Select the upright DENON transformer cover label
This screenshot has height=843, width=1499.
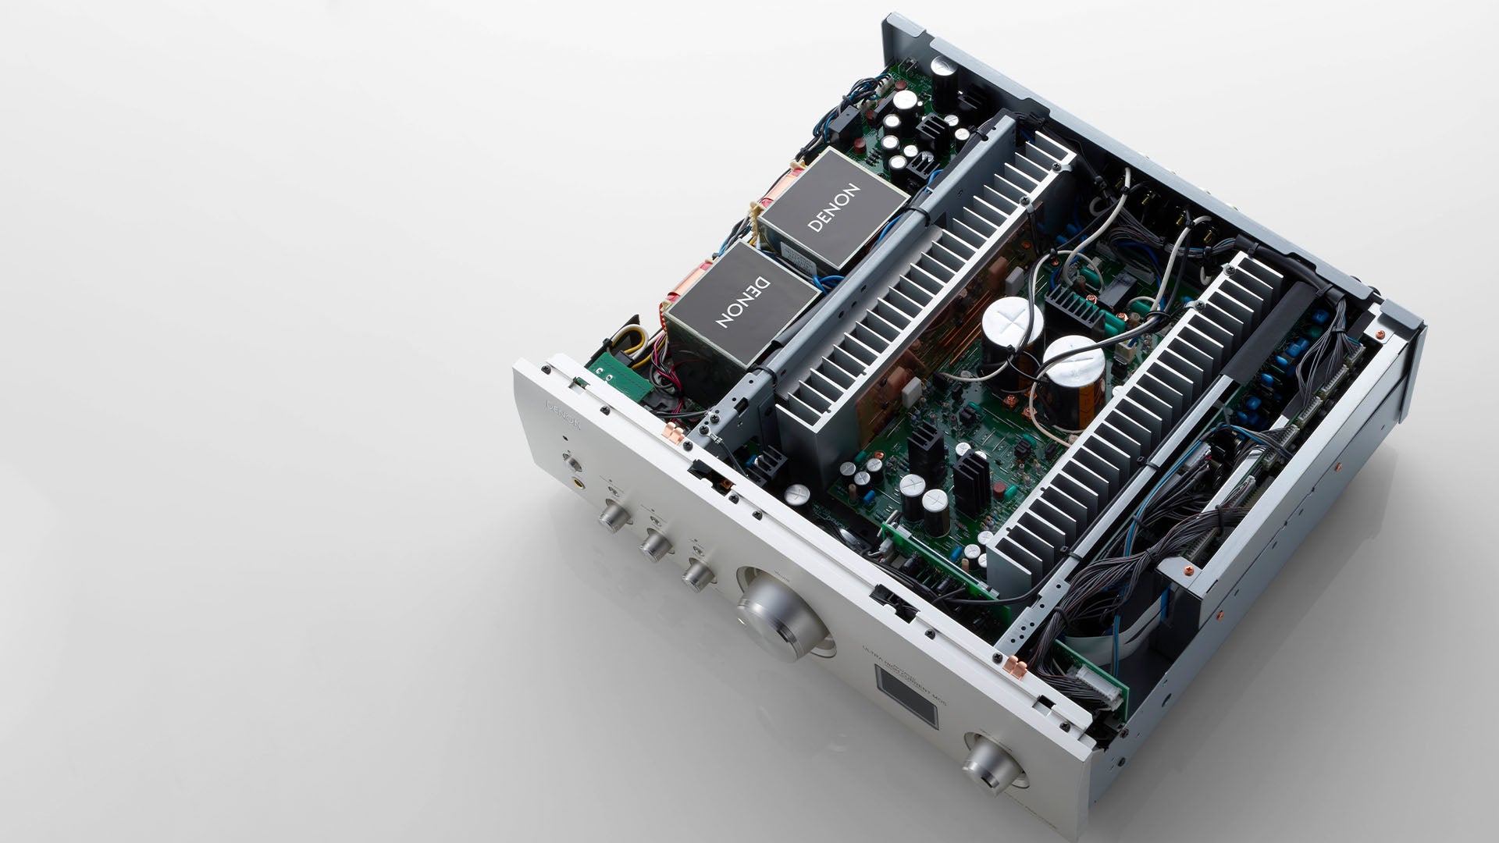click(x=834, y=208)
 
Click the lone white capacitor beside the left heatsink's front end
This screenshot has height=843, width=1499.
click(x=796, y=493)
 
